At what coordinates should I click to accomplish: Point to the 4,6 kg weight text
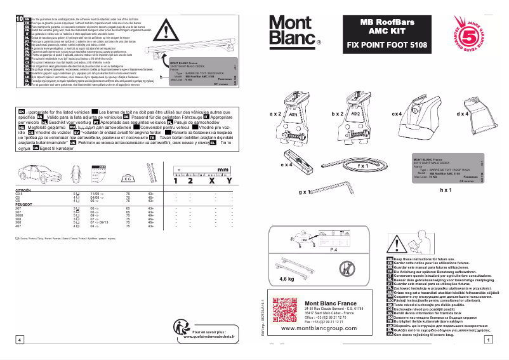288,279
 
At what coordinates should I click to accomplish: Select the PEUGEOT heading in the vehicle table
25,205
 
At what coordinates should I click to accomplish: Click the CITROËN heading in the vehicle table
24,190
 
